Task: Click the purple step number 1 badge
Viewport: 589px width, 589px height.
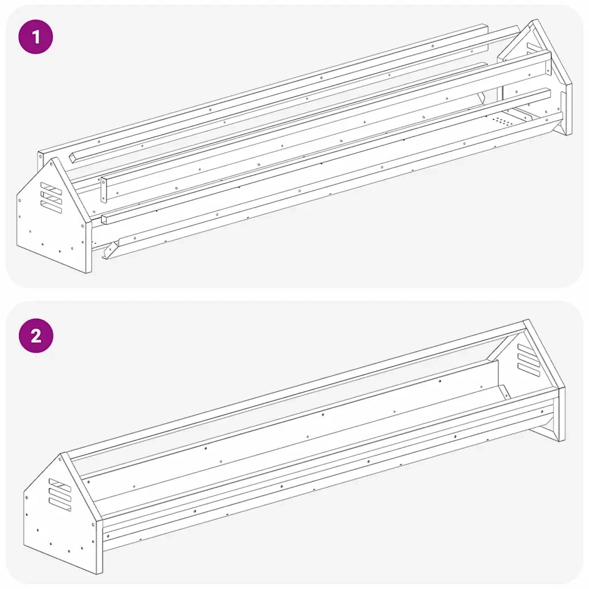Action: click(x=36, y=37)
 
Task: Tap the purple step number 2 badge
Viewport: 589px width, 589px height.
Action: click(x=36, y=335)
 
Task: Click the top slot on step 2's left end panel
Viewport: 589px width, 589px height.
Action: click(x=60, y=484)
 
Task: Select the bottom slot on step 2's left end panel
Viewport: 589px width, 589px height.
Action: click(x=60, y=504)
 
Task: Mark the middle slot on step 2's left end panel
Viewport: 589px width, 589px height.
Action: click(x=60, y=494)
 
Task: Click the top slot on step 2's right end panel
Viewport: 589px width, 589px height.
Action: click(x=529, y=349)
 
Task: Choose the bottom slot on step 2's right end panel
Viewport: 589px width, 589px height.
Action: click(x=529, y=369)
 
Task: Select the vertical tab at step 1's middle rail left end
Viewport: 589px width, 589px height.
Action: click(x=104, y=190)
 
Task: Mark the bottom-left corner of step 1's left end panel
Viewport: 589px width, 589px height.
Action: click(x=17, y=246)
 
